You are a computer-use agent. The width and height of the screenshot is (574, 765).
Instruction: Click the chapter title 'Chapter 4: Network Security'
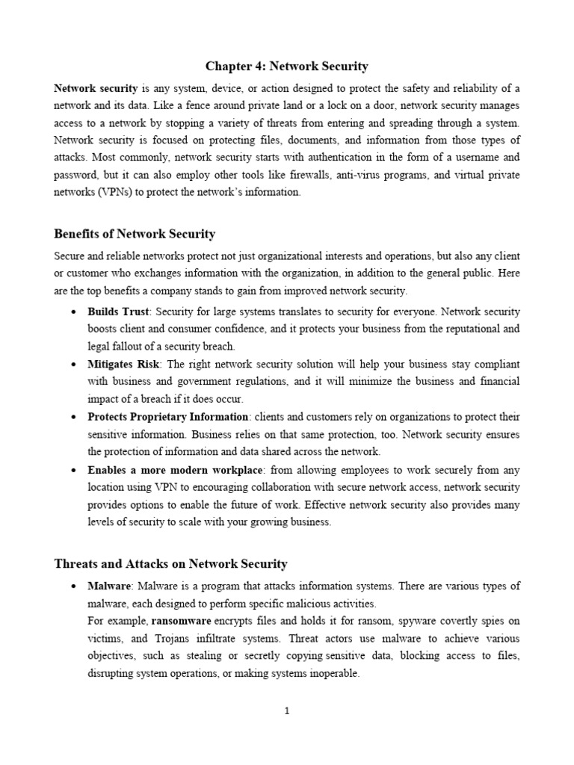287,66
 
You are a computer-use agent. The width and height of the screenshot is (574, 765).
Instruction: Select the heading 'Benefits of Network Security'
135,234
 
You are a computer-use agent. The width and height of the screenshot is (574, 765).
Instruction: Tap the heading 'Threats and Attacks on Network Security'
170,564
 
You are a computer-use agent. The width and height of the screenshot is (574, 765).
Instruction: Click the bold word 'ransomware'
182,621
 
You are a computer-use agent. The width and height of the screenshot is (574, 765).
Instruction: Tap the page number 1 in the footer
287,711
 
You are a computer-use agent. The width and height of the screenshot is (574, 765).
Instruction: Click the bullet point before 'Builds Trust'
72,312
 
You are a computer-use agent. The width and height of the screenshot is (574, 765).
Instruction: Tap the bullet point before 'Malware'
72,586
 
